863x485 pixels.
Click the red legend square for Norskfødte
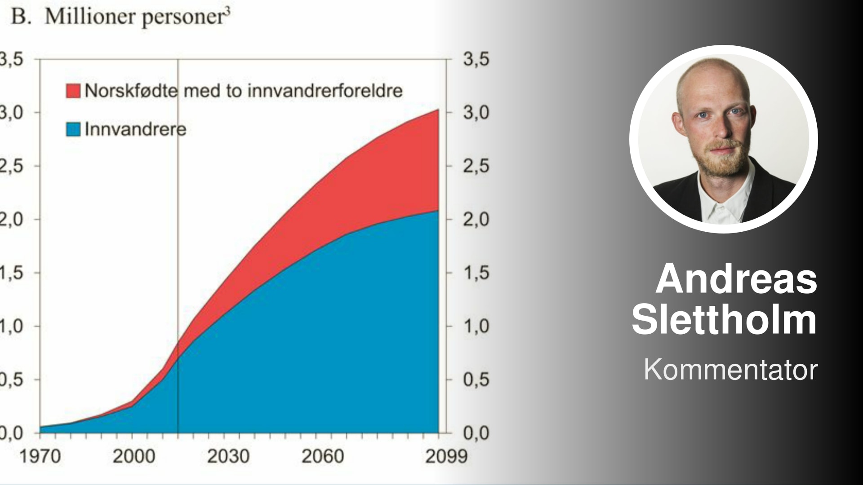point(73,90)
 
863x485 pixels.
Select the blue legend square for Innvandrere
point(73,129)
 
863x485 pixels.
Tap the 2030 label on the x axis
point(228,457)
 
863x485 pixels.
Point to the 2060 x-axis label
point(322,457)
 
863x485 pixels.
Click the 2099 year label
point(446,457)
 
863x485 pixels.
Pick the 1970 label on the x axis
point(40,457)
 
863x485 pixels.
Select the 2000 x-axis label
point(133,457)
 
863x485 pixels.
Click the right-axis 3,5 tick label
point(476,59)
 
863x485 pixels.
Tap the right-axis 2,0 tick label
point(476,220)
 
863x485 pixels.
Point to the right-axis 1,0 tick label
point(476,326)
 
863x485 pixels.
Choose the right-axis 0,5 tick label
point(476,380)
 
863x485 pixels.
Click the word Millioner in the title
point(90,17)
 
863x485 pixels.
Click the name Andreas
point(736,278)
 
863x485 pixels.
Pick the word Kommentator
point(730,370)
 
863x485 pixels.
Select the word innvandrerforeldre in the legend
point(325,91)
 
